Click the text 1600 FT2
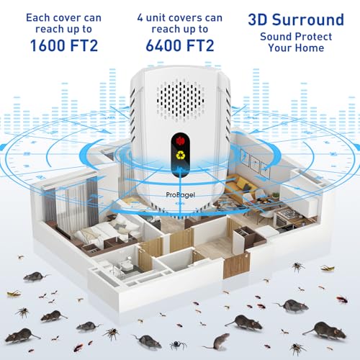(64, 45)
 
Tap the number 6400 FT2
(180, 45)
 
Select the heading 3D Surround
(296, 19)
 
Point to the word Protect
(315, 37)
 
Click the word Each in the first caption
(38, 18)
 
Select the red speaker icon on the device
(180, 141)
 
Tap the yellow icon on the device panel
(180, 155)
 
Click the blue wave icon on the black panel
(180, 169)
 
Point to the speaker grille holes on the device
(181, 100)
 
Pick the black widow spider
(179, 345)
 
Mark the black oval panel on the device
(181, 156)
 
